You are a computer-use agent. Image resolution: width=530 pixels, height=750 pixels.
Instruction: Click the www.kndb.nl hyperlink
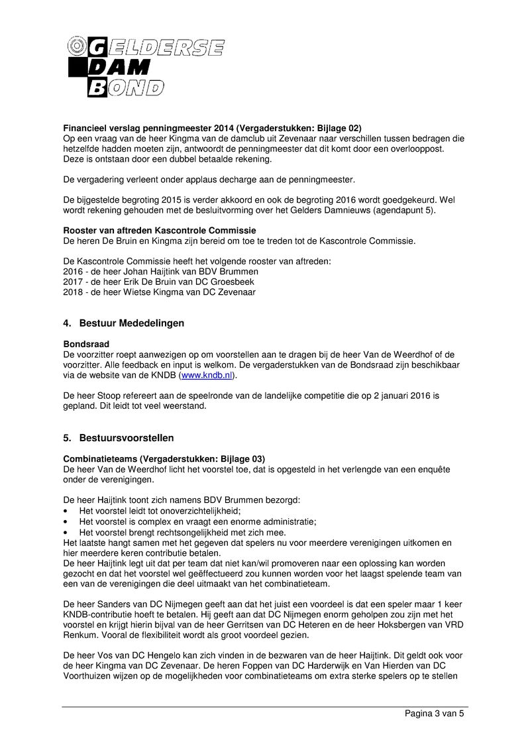pyautogui.click(x=207, y=375)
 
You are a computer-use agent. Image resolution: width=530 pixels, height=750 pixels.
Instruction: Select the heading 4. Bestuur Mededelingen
pyautogui.click(x=123, y=323)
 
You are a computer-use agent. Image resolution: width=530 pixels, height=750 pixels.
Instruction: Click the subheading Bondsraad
pyautogui.click(x=86, y=345)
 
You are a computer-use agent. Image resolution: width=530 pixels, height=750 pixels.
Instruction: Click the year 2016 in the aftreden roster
pyautogui.click(x=73, y=272)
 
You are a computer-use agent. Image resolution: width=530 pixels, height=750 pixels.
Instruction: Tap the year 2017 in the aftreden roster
pyautogui.click(x=73, y=282)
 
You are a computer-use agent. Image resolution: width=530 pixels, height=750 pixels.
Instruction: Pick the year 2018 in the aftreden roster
pyautogui.click(x=73, y=292)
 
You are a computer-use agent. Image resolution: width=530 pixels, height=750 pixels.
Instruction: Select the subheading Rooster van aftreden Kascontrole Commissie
pyautogui.click(x=159, y=231)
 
